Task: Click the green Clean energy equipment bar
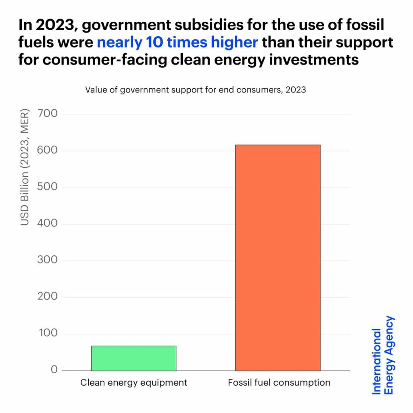pos(133,358)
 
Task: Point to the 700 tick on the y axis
pos(48,114)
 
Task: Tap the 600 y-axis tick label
pos(48,151)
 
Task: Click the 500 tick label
pos(48,188)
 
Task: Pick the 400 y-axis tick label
pos(48,224)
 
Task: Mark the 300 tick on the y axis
pos(48,261)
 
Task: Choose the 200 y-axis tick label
pos(48,297)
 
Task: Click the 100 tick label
pos(48,334)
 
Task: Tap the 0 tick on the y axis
pos(54,370)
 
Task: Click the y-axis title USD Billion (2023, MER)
pos(25,167)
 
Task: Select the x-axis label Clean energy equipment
pos(133,383)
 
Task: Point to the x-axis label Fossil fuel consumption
pos(279,383)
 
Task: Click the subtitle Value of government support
pos(195,90)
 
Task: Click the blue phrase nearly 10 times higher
pos(177,42)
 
